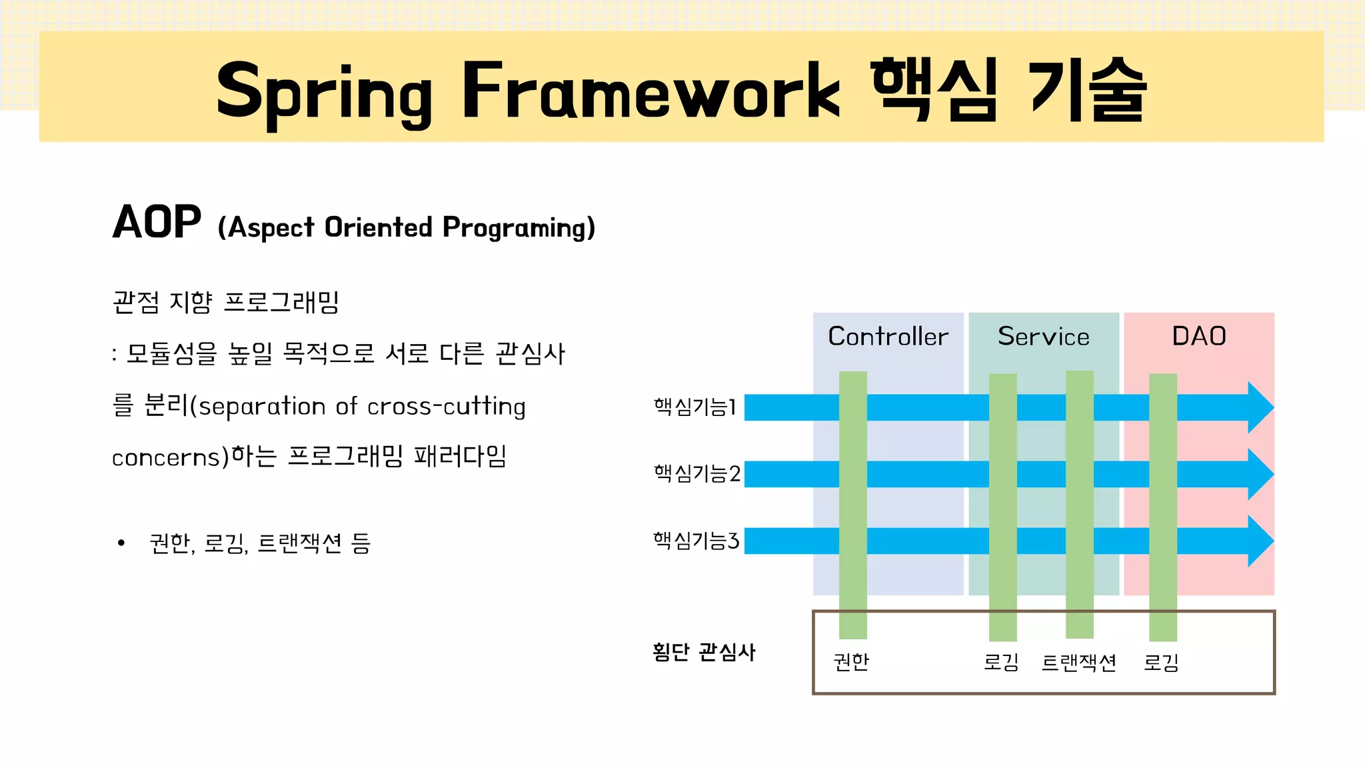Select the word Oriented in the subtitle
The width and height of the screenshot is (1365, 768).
tap(378, 227)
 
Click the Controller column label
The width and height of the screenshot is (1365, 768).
tap(888, 337)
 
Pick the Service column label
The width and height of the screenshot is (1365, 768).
tap(1043, 337)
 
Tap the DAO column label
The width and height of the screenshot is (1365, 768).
tap(1198, 336)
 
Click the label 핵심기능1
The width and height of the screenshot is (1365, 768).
tap(694, 406)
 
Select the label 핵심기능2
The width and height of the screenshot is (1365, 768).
tap(696, 473)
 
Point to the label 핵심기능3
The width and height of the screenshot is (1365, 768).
tap(696, 540)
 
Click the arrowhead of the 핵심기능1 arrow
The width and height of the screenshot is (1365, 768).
tap(1259, 407)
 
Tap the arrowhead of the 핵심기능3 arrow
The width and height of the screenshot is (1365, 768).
tap(1259, 541)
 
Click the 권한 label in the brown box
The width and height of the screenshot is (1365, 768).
tap(851, 661)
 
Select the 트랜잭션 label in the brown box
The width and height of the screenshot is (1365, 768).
tap(1078, 663)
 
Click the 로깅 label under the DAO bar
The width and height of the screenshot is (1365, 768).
tap(1161, 663)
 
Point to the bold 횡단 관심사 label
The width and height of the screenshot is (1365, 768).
tap(704, 651)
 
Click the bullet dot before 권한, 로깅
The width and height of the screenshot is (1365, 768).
tap(121, 543)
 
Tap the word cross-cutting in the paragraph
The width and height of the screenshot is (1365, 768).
tap(446, 406)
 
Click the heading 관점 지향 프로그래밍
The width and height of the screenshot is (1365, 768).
tap(226, 302)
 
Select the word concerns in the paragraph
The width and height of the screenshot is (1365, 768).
tap(166, 457)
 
